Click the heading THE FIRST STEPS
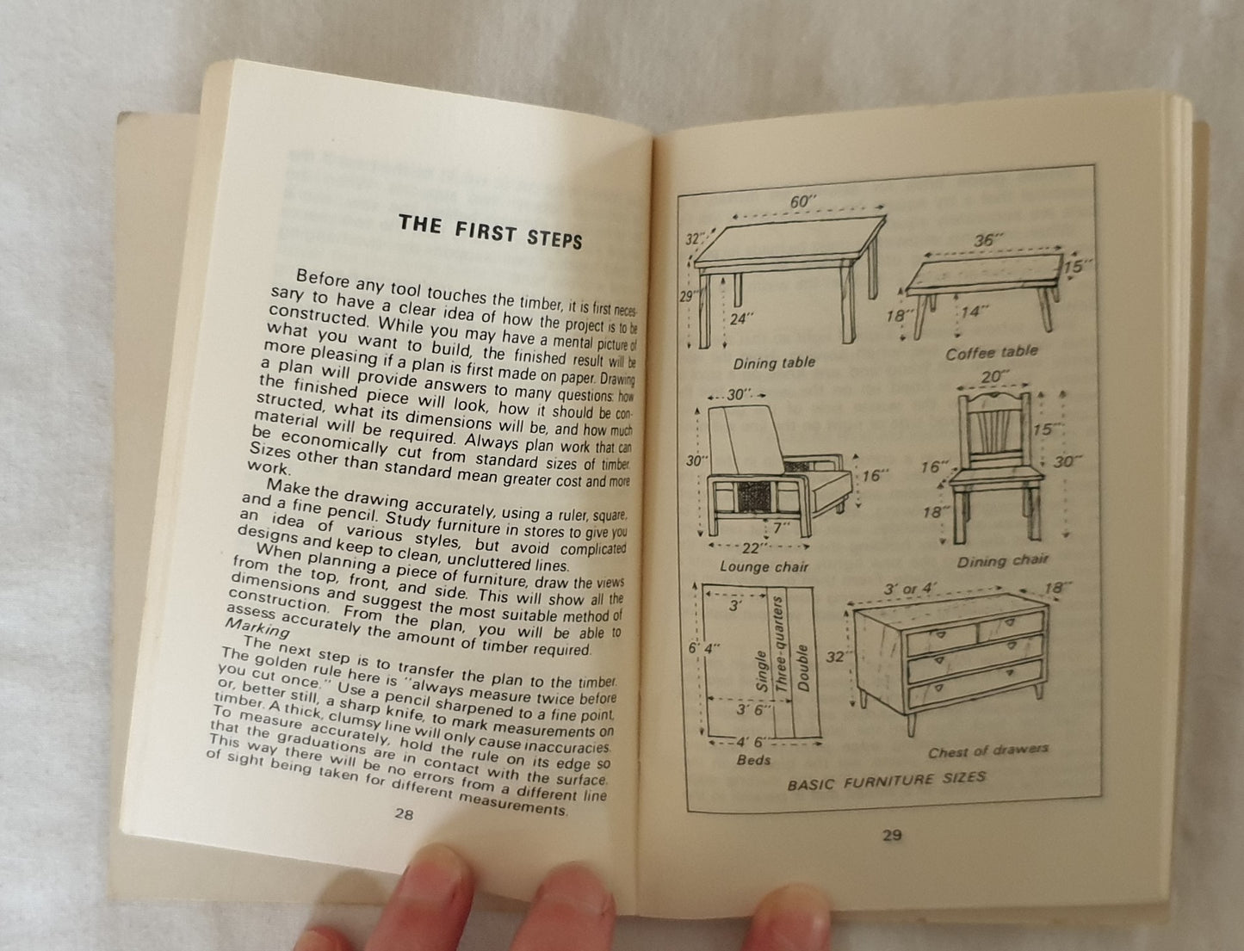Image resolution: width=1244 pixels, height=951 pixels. [x=490, y=232]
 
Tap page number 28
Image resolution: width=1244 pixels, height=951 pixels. [x=404, y=814]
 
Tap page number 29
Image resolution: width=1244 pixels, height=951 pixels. [x=892, y=835]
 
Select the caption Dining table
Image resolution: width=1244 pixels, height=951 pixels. [x=774, y=362]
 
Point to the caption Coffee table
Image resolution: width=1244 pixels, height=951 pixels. [x=991, y=353]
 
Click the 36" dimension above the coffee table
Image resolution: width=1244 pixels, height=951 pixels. [x=987, y=239]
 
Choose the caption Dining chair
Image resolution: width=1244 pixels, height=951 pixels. [x=1003, y=561]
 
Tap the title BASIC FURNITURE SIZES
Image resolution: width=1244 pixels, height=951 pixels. [x=887, y=781]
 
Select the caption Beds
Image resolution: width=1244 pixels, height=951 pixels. [x=753, y=760]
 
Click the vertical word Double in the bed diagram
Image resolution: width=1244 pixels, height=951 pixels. [x=801, y=669]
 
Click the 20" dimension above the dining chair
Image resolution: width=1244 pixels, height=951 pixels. [x=994, y=377]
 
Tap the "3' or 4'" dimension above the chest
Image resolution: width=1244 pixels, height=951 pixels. [x=907, y=589]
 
